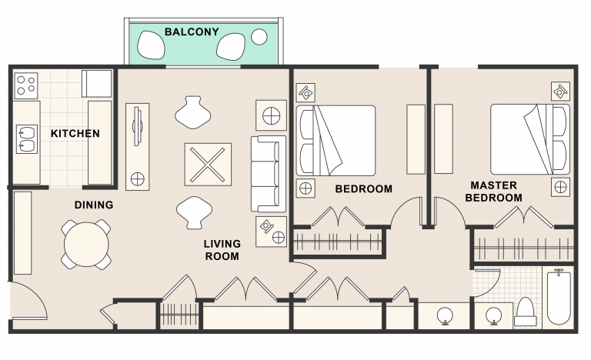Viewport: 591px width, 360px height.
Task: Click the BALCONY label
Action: (192, 32)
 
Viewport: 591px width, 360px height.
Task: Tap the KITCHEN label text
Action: (75, 134)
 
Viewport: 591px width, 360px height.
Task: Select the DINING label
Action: (94, 205)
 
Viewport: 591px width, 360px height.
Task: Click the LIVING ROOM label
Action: (222, 250)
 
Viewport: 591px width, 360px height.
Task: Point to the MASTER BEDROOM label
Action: (493, 192)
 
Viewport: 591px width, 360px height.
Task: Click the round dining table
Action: (85, 245)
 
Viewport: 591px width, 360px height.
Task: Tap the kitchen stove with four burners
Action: (25, 85)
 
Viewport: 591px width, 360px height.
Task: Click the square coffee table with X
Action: (208, 164)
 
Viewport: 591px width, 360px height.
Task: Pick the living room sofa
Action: (267, 174)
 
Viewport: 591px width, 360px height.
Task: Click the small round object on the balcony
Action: (260, 36)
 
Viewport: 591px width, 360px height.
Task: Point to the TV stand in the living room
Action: (137, 146)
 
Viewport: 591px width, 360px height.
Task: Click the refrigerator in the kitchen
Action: (98, 82)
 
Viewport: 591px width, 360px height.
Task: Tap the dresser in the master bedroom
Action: (444, 138)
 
